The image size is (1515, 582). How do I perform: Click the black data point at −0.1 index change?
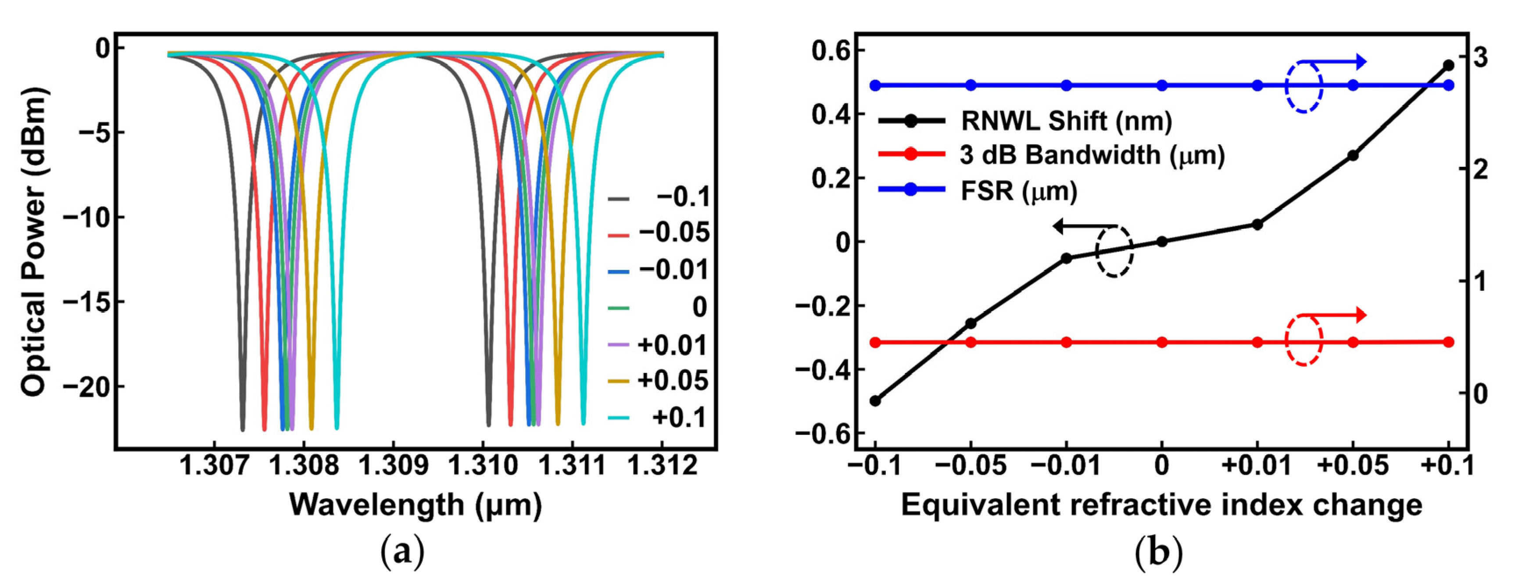tap(875, 401)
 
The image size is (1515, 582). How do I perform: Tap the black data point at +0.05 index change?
tap(1353, 155)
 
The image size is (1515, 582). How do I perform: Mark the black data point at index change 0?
tap(1161, 242)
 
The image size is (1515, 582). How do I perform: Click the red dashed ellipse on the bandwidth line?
tap(1304, 340)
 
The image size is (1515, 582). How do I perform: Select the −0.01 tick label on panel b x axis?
tap(1066, 466)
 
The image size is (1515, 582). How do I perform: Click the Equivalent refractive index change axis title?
tap(1161, 505)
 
